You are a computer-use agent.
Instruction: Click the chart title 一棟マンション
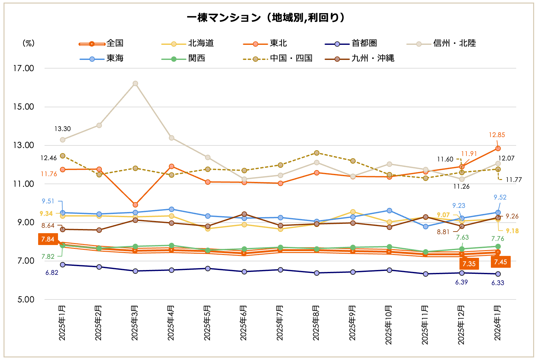coord(266,18)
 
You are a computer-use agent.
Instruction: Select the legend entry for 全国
coord(115,43)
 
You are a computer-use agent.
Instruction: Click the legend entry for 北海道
coord(201,43)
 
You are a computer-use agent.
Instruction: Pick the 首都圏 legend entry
coord(364,43)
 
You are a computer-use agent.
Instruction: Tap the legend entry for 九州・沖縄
coord(373,58)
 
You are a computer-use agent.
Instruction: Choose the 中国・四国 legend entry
coord(291,58)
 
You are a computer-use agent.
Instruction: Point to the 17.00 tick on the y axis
coord(23,68)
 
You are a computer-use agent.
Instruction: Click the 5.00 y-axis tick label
coord(26,299)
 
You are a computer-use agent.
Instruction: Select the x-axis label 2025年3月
coord(135,323)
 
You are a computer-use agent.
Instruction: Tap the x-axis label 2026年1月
coord(498,323)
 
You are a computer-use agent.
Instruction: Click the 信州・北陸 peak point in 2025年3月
coord(135,83)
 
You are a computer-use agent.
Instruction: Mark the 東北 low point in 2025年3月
coord(135,205)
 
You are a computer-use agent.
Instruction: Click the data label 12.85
coord(497,135)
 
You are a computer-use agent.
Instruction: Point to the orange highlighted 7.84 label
coord(48,239)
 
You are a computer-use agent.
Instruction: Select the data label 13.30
coord(62,129)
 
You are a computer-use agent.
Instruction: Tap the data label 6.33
coord(498,283)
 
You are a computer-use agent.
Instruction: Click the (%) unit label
coord(29,43)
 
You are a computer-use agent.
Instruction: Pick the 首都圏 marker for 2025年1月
coord(63,265)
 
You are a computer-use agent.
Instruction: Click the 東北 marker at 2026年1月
coord(498,148)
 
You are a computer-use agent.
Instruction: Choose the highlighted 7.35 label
coord(469,264)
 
